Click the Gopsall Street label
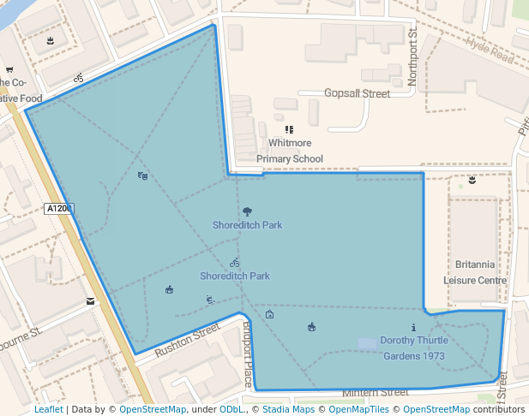point(357,93)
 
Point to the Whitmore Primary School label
point(290,151)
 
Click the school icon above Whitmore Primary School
point(289,129)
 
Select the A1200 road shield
point(59,208)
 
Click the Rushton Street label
point(187,340)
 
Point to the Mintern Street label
point(376,392)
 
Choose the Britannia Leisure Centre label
point(475,271)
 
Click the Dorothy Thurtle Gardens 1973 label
point(412,348)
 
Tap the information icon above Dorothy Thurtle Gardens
point(413,327)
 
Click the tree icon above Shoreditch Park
point(248,211)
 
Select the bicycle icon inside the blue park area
point(234,263)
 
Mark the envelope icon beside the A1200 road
point(90,301)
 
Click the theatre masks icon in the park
point(142,175)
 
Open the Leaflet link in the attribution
point(48,409)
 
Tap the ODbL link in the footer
point(232,409)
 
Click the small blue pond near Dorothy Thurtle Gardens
point(366,343)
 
